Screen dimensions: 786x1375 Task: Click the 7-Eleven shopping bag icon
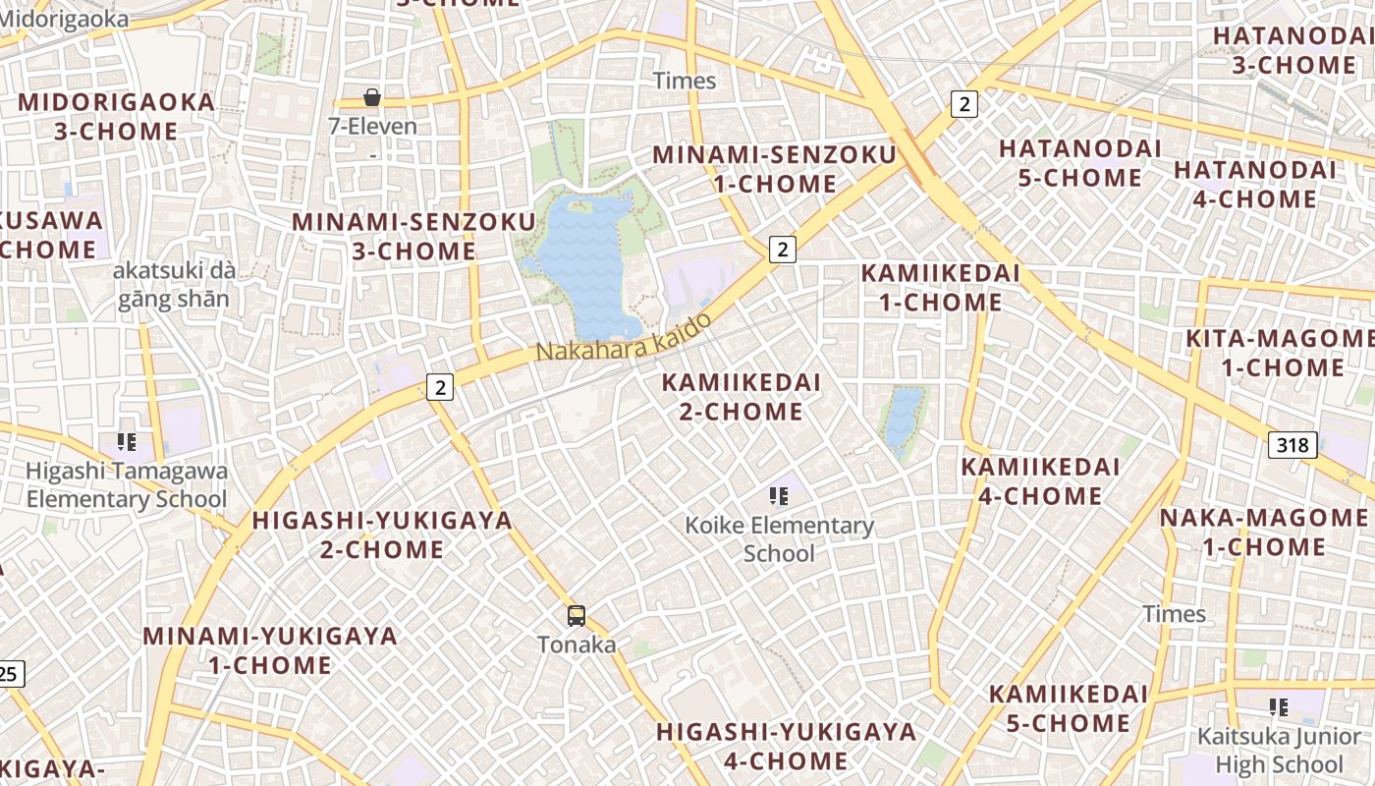[x=372, y=97]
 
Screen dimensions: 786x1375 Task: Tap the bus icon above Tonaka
[x=577, y=616]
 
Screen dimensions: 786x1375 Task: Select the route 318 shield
[x=1292, y=445]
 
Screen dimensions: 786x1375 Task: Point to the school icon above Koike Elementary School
[x=779, y=496]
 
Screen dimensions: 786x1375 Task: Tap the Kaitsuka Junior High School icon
[x=1278, y=706]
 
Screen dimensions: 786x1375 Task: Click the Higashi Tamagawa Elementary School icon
[x=126, y=442]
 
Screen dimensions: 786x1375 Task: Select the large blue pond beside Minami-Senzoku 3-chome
[x=587, y=265]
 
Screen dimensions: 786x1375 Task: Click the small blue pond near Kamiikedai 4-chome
[x=903, y=418]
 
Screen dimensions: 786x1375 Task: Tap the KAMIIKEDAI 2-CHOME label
[x=741, y=397]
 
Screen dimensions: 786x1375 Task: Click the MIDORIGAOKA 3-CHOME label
[x=116, y=117]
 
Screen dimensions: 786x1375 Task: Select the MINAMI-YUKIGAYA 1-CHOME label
[x=270, y=650]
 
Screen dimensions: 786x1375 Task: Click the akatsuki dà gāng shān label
[x=173, y=285]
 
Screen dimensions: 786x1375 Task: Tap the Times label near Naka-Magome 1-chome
[x=1174, y=614]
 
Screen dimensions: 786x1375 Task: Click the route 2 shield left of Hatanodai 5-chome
[x=965, y=103]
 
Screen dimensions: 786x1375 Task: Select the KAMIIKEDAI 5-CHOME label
[x=1068, y=708]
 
